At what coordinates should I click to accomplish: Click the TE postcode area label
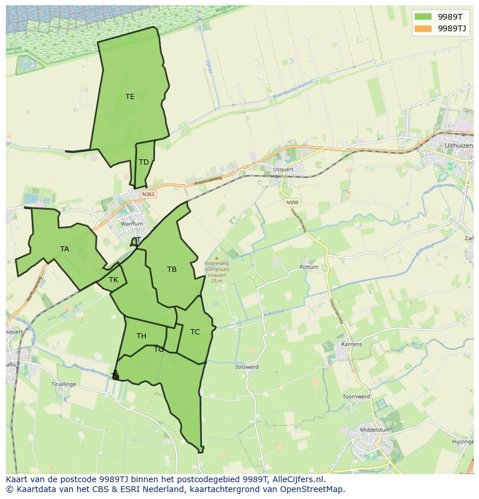(130, 97)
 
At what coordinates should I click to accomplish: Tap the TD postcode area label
(143, 162)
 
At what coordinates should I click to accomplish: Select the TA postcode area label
(65, 249)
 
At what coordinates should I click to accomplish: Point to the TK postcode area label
(113, 280)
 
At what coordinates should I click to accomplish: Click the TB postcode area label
(172, 269)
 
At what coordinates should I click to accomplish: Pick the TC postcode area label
(195, 332)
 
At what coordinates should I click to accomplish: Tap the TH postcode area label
(141, 336)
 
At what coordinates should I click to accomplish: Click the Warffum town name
(131, 224)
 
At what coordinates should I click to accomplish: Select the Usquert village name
(283, 170)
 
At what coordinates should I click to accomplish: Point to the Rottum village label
(309, 267)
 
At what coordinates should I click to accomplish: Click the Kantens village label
(352, 344)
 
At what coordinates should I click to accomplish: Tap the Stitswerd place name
(247, 367)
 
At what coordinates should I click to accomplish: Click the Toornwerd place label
(356, 396)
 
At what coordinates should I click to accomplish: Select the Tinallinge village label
(64, 384)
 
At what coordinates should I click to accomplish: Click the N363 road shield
(148, 194)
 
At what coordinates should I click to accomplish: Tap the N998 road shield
(293, 202)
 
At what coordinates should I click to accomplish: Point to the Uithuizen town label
(458, 145)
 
